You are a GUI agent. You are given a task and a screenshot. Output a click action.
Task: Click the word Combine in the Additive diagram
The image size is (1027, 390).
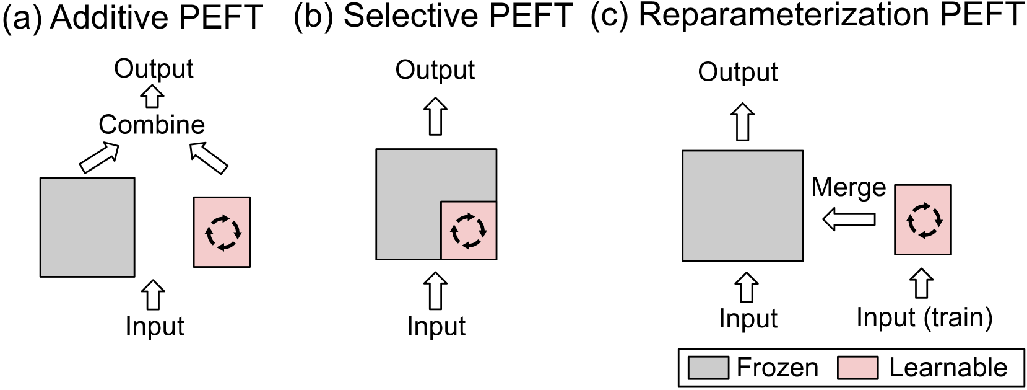pyautogui.click(x=152, y=125)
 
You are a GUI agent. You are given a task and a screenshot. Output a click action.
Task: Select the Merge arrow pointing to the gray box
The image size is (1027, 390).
pyautogui.click(x=848, y=219)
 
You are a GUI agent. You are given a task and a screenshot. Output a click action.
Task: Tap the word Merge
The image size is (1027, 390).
pyautogui.click(x=849, y=187)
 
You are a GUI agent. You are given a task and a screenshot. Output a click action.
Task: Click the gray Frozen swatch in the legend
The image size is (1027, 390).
pyautogui.click(x=708, y=368)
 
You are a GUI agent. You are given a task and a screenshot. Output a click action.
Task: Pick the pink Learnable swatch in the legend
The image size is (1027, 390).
pyautogui.click(x=857, y=368)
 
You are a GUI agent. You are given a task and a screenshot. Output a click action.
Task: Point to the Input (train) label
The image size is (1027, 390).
pyautogui.click(x=924, y=317)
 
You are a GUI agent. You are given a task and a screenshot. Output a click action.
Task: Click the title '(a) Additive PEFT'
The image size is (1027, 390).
pyautogui.click(x=132, y=17)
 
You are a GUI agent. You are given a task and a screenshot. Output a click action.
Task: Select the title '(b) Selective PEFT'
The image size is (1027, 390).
pyautogui.click(x=433, y=16)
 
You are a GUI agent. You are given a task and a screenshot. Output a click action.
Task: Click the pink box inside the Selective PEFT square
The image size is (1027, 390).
pyautogui.click(x=469, y=230)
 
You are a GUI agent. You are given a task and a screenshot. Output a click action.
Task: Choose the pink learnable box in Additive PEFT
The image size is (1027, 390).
pyautogui.click(x=222, y=232)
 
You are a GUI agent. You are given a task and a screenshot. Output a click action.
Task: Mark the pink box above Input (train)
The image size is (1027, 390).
pyautogui.click(x=922, y=219)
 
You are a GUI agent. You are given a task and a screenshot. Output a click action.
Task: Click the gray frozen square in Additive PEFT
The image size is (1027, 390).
pyautogui.click(x=87, y=227)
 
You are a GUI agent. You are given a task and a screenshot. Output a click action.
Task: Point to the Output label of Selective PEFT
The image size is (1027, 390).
pyautogui.click(x=435, y=70)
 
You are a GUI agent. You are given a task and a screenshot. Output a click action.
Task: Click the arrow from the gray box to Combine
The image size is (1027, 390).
pyautogui.click(x=99, y=157)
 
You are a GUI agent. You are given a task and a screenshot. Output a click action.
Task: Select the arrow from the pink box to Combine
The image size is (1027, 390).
pyautogui.click(x=209, y=158)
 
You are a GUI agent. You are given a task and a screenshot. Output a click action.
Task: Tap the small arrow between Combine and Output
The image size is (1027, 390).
pyautogui.click(x=152, y=97)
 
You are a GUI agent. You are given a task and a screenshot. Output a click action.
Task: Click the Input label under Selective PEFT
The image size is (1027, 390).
pyautogui.click(x=436, y=326)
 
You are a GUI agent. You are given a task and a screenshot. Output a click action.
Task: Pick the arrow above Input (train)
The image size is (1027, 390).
pyautogui.click(x=922, y=283)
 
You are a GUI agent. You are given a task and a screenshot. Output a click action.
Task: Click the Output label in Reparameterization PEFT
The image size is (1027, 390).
pyautogui.click(x=737, y=73)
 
